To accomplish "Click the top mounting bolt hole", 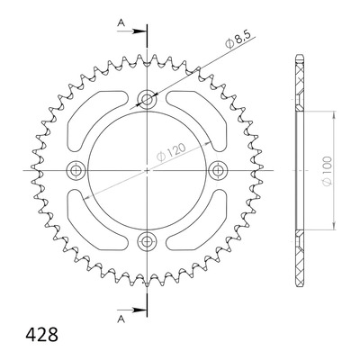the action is pos(147,98).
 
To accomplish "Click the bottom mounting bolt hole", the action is pos(147,240).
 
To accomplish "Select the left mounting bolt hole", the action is pos(75,170).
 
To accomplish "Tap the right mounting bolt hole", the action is pos(218,170).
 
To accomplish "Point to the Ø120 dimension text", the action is pos(171,152).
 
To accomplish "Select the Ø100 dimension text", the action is pos(327,171).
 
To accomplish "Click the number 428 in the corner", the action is pos(42,335).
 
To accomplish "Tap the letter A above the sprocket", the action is pos(121,22).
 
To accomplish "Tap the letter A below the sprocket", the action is pos(121,319).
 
